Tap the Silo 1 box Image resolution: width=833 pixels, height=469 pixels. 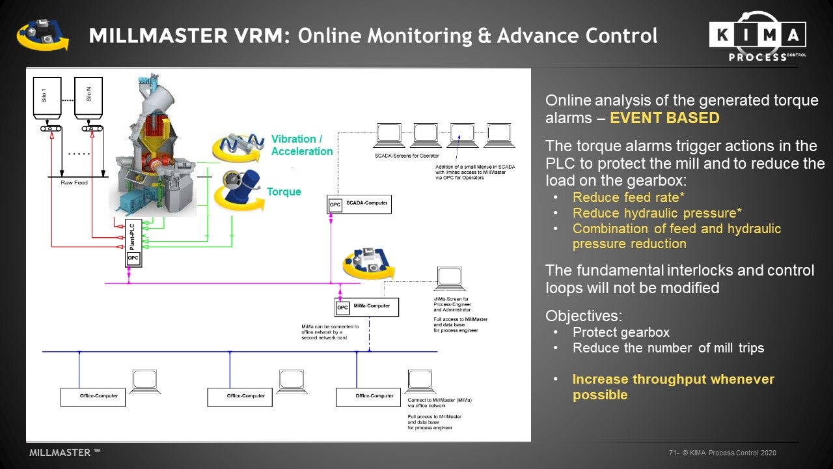[47, 98]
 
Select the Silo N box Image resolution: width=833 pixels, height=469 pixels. [89, 98]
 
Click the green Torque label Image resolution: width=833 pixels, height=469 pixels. [284, 192]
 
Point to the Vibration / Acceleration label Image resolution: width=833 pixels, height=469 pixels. [301, 145]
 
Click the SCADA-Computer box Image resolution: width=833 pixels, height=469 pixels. [359, 204]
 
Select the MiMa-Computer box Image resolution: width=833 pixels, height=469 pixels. [366, 307]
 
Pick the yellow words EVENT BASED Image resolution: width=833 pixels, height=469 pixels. [664, 118]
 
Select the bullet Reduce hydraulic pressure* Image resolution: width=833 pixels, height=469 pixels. [657, 213]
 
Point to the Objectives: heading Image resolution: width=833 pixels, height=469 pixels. [584, 316]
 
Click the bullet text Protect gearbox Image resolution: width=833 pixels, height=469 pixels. [621, 332]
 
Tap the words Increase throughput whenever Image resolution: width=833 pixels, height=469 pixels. [674, 379]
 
